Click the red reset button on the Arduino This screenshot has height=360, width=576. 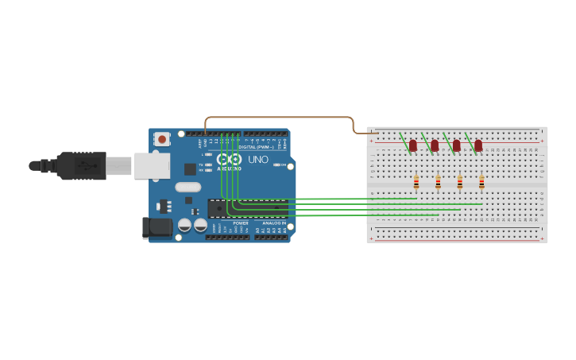click(x=162, y=139)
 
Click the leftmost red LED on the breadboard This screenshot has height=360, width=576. click(x=413, y=145)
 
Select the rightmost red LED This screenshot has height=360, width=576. click(x=478, y=145)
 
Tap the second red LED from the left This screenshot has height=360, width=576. click(x=435, y=145)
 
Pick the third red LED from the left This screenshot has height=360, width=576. click(x=457, y=145)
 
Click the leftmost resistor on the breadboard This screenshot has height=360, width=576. click(x=416, y=184)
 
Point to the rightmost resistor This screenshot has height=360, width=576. click(x=481, y=184)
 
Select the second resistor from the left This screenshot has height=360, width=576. click(x=438, y=184)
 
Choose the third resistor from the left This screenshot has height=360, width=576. click(x=459, y=184)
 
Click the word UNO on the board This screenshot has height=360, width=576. click(x=258, y=160)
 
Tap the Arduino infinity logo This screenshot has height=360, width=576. click(x=229, y=159)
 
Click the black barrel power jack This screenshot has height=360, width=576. click(x=157, y=228)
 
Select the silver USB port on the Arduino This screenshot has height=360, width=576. click(x=151, y=165)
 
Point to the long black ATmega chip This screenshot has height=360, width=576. click(x=247, y=208)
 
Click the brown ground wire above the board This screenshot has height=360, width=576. click(x=278, y=117)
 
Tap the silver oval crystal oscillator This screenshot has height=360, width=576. click(x=188, y=188)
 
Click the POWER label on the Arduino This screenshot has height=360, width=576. click(x=241, y=223)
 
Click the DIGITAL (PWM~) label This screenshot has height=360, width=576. click(x=256, y=147)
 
